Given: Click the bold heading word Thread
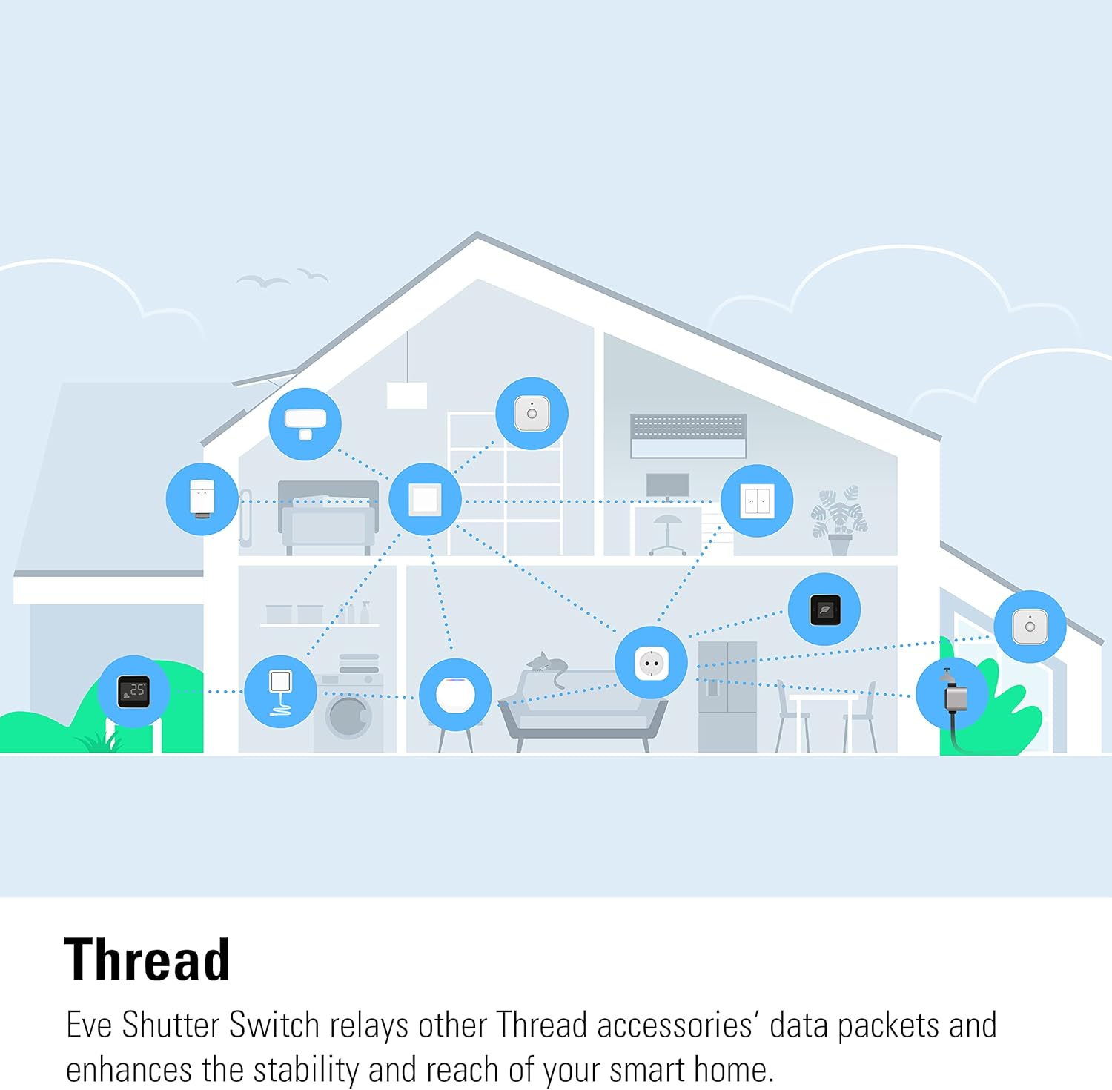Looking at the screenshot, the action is tap(147, 959).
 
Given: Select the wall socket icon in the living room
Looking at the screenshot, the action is tap(651, 662).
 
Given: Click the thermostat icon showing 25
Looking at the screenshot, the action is tap(133, 691).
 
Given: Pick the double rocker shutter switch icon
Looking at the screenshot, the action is tap(757, 501).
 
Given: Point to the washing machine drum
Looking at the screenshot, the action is tap(348, 716).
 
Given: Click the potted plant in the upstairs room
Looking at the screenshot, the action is tap(839, 520).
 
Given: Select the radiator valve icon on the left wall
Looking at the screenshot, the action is tap(202, 499).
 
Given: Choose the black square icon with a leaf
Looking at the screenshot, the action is tap(824, 610).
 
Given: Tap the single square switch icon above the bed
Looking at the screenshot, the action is tap(425, 499).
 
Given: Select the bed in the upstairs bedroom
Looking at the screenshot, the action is tap(328, 518).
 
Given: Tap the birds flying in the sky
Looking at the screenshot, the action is tap(282, 278).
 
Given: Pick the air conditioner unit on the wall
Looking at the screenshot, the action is tap(688, 436).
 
